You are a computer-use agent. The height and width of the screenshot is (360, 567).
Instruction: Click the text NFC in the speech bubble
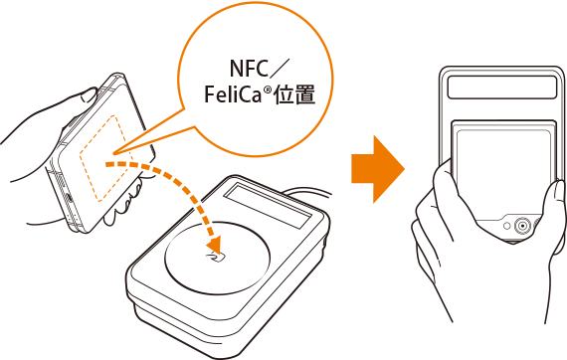pyautogui.click(x=249, y=68)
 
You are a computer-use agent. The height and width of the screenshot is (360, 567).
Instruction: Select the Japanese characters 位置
pyautogui.click(x=294, y=94)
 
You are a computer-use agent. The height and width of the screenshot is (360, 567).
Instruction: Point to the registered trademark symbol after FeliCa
pyautogui.click(x=267, y=89)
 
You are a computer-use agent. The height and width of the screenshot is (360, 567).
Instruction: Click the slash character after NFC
pyautogui.click(x=280, y=68)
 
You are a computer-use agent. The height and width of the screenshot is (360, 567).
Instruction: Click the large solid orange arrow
pyautogui.click(x=378, y=169)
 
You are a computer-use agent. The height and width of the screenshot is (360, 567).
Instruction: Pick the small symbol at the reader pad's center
pyautogui.click(x=216, y=257)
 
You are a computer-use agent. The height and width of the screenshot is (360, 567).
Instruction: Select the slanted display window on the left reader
pyautogui.click(x=268, y=205)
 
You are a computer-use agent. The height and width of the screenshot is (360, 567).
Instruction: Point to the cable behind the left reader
pyautogui.click(x=307, y=192)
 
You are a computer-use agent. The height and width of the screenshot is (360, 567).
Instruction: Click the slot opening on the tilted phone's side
pyautogui.click(x=69, y=197)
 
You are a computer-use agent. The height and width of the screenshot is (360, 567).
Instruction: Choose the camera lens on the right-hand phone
pyautogui.click(x=522, y=226)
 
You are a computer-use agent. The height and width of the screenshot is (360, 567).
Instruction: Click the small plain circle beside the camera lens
pyautogui.click(x=507, y=227)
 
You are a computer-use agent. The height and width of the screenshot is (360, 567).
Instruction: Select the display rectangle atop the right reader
pyautogui.click(x=502, y=88)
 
